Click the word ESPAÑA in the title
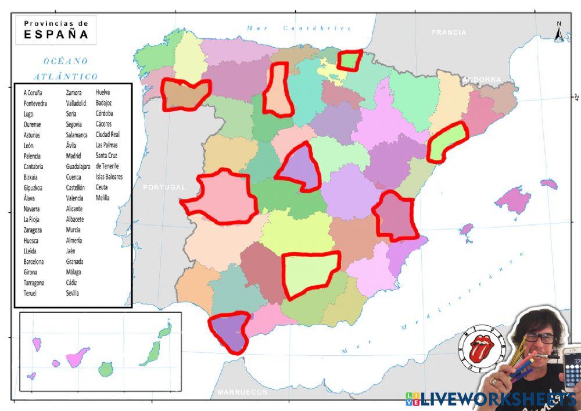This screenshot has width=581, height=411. point(56,34)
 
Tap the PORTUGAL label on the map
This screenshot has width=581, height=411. point(164,187)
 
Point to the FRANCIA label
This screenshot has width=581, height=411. point(449,33)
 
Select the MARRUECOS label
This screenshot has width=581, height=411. point(243,392)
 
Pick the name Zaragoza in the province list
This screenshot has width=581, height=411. point(31,230)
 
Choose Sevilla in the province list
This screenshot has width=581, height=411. point(73,293)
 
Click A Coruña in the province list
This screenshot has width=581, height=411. point(33,92)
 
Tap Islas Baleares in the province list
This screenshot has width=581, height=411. point(109,177)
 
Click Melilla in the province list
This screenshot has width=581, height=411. point(103,198)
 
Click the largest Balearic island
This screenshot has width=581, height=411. point(513,200)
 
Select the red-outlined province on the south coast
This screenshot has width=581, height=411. point(229,331)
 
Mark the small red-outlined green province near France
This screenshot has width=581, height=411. point(350,60)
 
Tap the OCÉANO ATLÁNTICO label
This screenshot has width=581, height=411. point(66,68)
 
